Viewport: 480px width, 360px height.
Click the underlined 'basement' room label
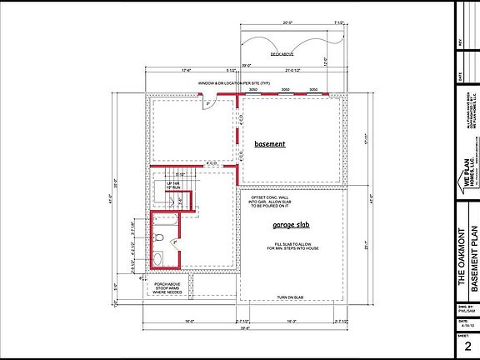[x=270, y=144]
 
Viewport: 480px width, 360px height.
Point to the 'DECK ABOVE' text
[x=286, y=54]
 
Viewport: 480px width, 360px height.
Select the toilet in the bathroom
[x=158, y=239]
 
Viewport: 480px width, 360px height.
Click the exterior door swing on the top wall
[x=210, y=102]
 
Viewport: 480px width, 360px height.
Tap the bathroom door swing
[x=175, y=242]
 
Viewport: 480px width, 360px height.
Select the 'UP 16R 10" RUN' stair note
[x=175, y=185]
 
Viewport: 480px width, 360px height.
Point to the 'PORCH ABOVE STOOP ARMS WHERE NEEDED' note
[x=169, y=288]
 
